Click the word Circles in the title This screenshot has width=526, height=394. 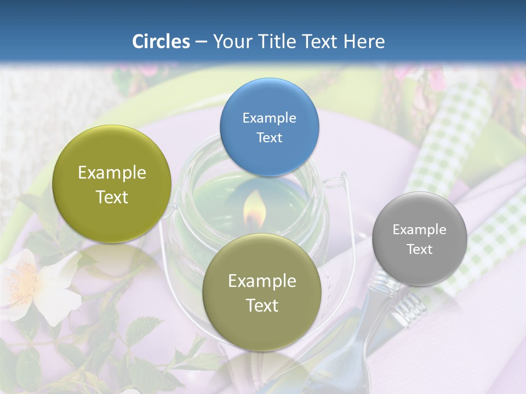click(161, 42)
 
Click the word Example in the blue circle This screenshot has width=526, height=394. click(269, 118)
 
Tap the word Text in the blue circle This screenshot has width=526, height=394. click(269, 137)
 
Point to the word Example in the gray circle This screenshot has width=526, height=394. click(419, 229)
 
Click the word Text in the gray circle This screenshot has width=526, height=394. click(419, 249)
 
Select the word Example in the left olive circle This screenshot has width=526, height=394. click(112, 173)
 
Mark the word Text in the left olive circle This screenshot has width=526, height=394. click(112, 197)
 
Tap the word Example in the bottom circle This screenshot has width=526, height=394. click(261, 281)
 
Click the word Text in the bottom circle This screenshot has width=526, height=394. click(261, 305)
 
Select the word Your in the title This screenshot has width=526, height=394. click(230, 42)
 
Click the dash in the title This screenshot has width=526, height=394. click(201, 42)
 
